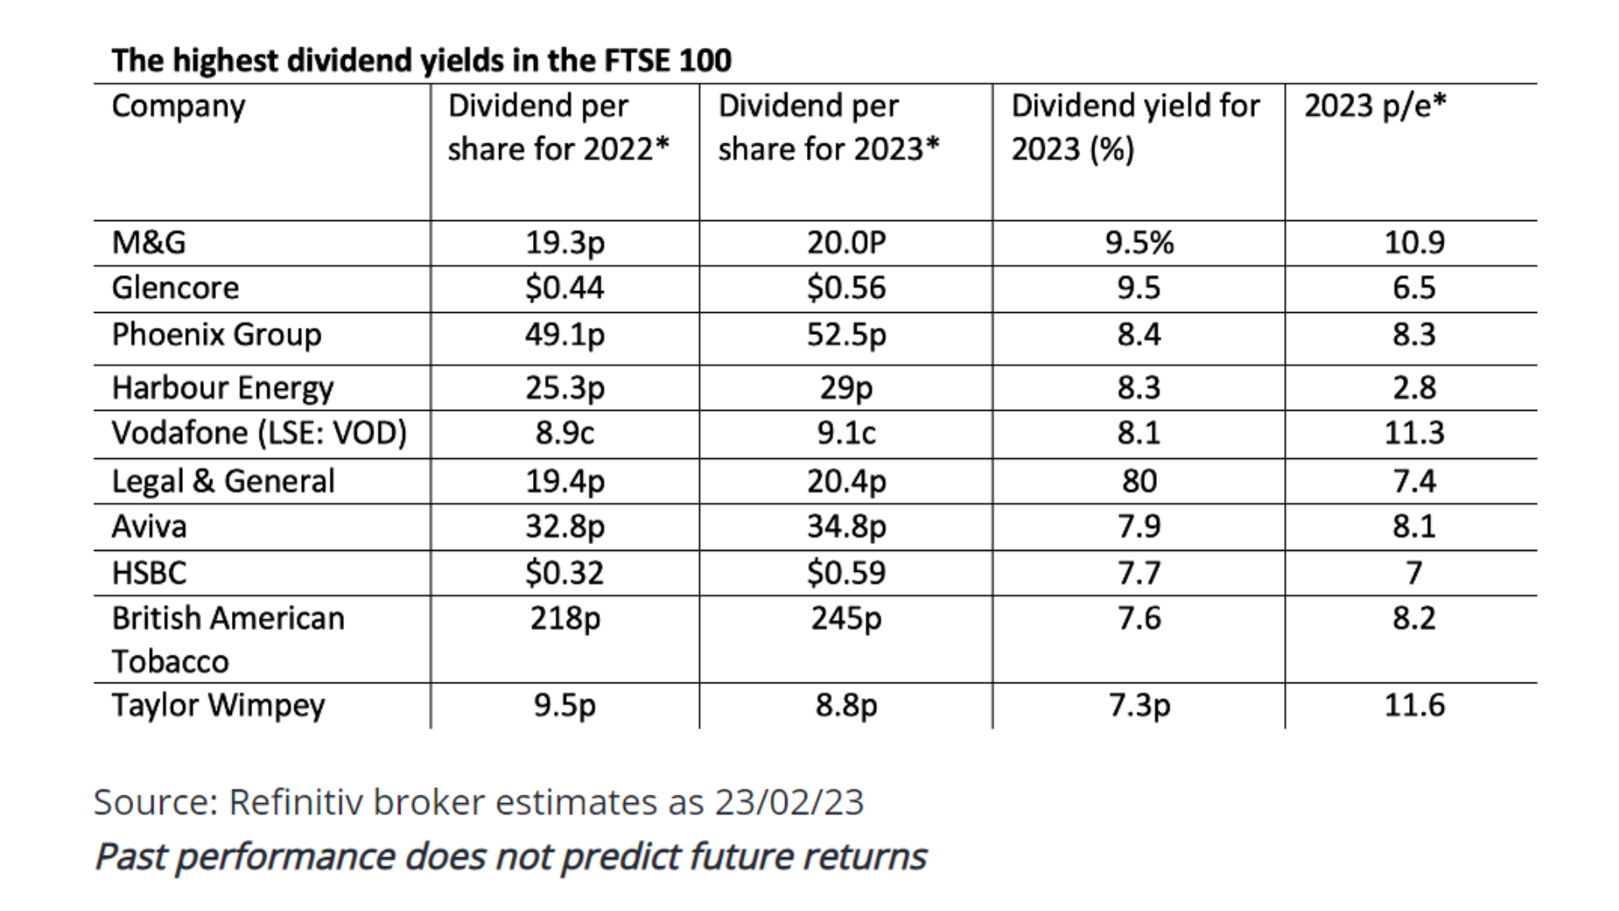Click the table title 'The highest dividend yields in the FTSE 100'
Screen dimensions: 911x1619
(421, 61)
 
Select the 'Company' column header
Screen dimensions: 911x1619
(178, 106)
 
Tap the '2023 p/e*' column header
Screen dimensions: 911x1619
(1374, 106)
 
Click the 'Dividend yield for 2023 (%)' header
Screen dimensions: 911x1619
(1135, 127)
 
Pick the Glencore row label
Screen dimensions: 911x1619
(175, 288)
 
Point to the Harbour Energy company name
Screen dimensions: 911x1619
(223, 388)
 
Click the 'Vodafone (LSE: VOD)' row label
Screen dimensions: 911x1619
(259, 434)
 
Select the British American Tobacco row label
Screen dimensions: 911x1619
(228, 639)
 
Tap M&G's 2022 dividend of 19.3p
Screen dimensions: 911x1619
(565, 243)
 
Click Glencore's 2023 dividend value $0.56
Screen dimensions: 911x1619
(846, 288)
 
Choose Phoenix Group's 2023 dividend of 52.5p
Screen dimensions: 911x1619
(846, 335)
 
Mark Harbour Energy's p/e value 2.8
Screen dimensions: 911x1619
(1414, 388)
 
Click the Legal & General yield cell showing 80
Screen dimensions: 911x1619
(1138, 482)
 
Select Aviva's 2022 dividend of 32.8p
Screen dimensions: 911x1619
(565, 527)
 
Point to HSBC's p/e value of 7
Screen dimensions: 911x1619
(1414, 574)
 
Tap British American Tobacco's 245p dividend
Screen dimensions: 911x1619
(846, 619)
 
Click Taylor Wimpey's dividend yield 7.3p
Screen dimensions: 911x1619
(1138, 705)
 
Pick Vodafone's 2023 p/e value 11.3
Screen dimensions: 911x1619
(1414, 434)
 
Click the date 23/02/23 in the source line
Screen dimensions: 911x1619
(789, 802)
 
